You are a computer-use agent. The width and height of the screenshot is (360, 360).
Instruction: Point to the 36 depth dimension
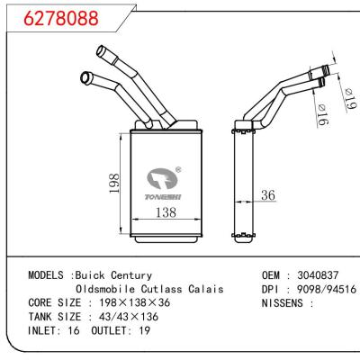pyautogui.click(x=267, y=195)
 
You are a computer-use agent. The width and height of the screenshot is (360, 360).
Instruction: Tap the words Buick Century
pyautogui.click(x=114, y=274)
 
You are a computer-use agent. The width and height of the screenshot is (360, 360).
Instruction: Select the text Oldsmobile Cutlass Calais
pyautogui.click(x=149, y=289)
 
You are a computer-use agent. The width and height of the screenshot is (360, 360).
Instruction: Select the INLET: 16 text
pyautogui.click(x=53, y=332)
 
